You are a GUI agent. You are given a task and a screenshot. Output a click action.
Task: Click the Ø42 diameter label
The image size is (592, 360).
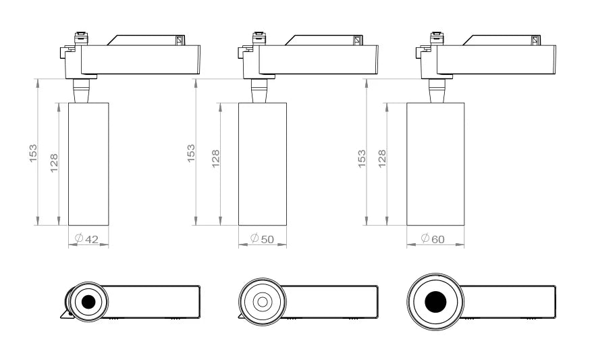point(88,238)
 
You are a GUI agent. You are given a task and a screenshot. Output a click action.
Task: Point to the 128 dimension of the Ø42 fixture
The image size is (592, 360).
point(54,163)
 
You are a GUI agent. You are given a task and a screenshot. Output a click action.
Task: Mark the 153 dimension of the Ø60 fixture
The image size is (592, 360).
point(362,158)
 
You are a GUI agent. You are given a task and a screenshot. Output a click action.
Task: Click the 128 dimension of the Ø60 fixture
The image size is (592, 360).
point(381,158)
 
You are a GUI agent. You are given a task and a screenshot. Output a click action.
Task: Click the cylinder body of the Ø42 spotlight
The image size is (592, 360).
point(88,163)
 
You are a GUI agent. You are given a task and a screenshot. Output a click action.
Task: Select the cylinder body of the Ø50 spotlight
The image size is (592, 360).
point(262,163)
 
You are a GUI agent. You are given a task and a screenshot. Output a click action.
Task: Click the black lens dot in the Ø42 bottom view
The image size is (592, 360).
point(87,302)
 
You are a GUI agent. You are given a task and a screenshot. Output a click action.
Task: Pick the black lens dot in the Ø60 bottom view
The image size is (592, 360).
point(435,302)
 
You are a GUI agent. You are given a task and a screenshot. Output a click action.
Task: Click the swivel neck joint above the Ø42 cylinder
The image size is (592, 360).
point(81,89)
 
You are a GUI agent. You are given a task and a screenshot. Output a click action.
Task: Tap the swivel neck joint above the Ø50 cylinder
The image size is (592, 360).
point(259,89)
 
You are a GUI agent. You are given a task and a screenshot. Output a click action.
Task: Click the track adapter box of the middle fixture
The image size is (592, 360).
point(317,59)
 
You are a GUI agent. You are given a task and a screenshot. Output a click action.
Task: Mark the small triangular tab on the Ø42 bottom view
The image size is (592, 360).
point(64,314)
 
